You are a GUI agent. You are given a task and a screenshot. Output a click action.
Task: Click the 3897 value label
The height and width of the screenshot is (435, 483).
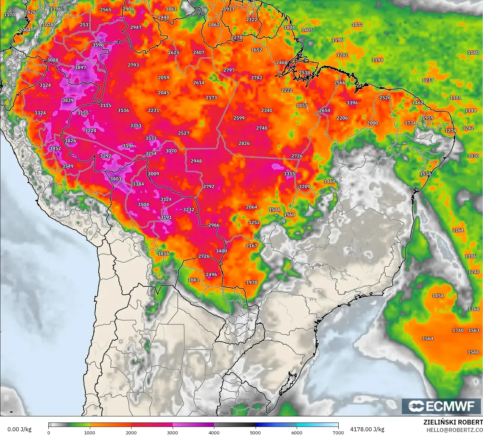tap(80, 68)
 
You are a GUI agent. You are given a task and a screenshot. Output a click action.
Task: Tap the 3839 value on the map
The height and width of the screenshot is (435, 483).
tap(68, 100)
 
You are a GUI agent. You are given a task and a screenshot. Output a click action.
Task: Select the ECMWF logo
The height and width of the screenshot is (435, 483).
tap(441, 406)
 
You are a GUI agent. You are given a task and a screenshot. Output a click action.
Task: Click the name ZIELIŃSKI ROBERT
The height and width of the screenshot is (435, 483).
tap(453, 422)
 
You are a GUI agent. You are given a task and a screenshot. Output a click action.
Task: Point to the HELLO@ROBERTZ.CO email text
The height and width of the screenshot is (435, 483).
tap(455, 430)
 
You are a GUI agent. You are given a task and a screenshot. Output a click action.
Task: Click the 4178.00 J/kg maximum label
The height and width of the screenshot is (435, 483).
tap(367, 429)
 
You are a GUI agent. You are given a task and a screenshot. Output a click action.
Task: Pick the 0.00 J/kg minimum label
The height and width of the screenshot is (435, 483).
tap(19, 429)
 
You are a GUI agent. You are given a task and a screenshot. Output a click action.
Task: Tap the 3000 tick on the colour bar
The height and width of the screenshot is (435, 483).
tap(172, 432)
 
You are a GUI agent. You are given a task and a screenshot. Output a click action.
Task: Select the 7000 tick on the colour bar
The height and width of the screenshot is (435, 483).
tap(338, 432)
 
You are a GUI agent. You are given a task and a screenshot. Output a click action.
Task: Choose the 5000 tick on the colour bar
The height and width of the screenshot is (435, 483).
tap(255, 432)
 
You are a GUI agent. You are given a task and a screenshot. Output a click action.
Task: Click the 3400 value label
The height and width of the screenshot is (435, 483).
tap(221, 251)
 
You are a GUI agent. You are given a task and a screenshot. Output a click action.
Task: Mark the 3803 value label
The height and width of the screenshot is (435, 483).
tap(115, 179)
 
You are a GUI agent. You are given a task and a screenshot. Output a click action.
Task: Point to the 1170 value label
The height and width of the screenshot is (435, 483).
tap(9, 15)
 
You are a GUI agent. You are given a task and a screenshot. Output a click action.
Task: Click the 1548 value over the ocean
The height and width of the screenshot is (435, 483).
tap(473, 352)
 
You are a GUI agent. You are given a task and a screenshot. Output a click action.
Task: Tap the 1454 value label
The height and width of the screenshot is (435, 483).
tap(438, 296)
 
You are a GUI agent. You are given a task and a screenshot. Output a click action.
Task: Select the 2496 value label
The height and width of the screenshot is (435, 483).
tap(211, 275)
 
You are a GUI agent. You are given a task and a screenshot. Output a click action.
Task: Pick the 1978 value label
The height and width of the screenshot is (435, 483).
tap(251, 283)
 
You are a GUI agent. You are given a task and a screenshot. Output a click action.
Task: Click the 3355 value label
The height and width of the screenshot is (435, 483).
tap(289, 174)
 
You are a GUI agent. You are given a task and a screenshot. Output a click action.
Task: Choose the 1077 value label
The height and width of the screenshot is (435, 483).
tap(357, 25)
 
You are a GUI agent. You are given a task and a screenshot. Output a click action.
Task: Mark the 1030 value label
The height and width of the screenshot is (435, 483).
tap(473, 156)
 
